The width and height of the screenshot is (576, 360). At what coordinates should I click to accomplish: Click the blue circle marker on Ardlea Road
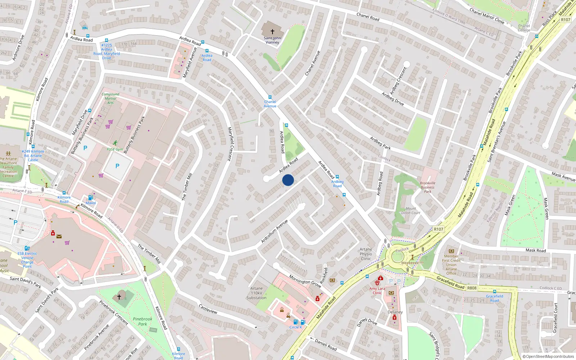288,180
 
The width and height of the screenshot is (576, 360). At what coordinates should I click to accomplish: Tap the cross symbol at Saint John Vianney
273,32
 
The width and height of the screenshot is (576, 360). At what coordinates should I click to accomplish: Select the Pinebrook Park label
143,321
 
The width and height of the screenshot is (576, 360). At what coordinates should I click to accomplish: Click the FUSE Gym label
115,149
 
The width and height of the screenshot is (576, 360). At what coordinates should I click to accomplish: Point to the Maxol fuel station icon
90,198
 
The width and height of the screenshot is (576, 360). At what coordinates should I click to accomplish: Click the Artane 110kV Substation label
256,293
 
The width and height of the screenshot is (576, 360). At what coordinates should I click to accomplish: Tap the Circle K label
296,327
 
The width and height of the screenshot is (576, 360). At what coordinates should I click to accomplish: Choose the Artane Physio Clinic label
366,254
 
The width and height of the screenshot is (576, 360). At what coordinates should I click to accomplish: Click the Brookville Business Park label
427,187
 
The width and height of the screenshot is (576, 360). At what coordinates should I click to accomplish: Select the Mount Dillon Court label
411,211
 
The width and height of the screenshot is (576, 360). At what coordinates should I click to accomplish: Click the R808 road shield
472,288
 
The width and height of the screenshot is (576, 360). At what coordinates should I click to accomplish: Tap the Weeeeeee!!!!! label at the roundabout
413,263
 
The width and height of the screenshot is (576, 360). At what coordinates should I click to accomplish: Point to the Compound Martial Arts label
111,98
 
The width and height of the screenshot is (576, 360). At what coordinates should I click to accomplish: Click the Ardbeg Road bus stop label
337,184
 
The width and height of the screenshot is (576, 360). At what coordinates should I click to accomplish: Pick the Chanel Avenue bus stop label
270,104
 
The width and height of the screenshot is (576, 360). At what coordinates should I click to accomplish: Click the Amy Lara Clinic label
377,291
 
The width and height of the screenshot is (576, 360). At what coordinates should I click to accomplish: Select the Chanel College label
524,28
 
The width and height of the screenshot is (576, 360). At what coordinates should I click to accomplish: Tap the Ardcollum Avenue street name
274,231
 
